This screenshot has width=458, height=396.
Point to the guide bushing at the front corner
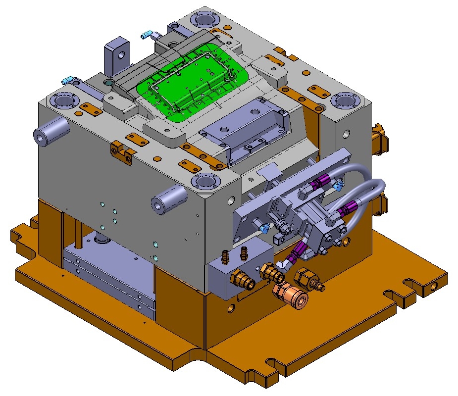[x=204, y=182]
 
